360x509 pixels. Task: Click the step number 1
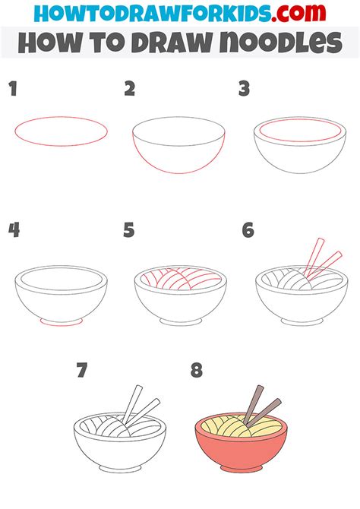(12, 90)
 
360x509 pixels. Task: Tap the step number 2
(130, 90)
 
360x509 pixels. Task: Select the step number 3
(245, 90)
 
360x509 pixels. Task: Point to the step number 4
(13, 229)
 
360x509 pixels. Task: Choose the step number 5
(130, 229)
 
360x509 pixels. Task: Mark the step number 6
(248, 229)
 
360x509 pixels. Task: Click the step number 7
(83, 371)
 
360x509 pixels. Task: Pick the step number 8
(197, 371)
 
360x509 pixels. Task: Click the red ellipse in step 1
(61, 131)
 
